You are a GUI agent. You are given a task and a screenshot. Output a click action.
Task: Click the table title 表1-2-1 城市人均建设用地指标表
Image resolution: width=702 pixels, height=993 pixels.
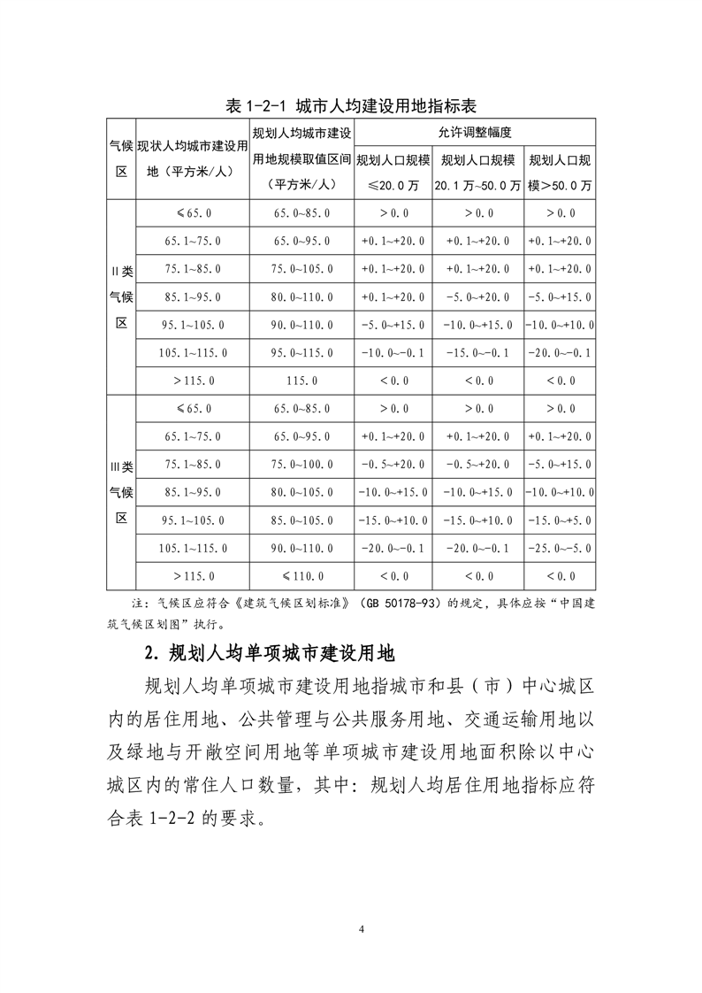tap(351, 105)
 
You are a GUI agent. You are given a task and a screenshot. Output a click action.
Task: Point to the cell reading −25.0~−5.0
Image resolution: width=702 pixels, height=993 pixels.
tap(560, 548)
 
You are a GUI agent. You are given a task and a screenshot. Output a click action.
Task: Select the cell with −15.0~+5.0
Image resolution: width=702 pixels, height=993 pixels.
tap(560, 520)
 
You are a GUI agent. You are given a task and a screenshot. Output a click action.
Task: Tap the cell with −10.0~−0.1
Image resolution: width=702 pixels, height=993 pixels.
tap(393, 353)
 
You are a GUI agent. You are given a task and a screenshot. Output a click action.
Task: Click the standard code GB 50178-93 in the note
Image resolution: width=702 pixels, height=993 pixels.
tap(407, 604)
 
